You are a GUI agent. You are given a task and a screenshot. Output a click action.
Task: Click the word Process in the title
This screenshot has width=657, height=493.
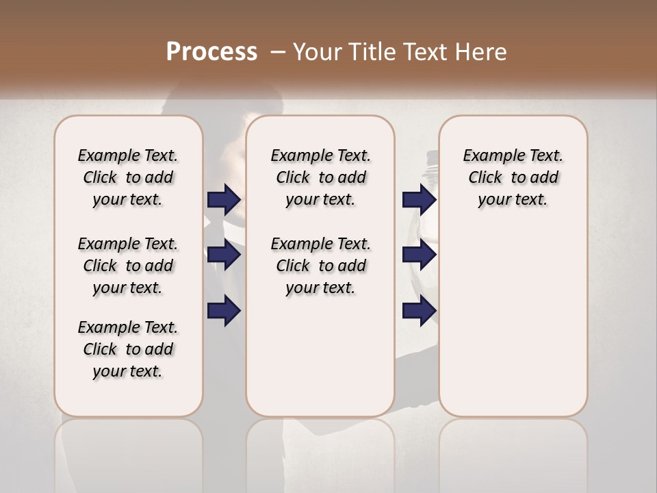(211, 52)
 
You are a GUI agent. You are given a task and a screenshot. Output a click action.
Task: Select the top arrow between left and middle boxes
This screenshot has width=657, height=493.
(224, 200)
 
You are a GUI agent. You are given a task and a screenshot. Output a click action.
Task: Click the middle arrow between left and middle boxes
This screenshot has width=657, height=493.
(224, 255)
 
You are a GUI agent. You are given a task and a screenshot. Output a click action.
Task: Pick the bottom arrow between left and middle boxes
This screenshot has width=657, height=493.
(224, 310)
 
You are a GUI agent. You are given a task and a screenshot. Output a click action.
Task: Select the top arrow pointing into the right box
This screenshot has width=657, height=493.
(419, 200)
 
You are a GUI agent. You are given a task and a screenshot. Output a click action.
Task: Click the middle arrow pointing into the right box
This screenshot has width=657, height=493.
(419, 255)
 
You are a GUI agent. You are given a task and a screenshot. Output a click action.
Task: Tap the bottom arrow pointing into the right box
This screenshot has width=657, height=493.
(419, 310)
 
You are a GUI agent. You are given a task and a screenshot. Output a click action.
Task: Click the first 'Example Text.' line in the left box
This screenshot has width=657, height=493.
(128, 155)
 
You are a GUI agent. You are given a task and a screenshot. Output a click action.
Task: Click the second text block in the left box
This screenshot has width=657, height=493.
(128, 266)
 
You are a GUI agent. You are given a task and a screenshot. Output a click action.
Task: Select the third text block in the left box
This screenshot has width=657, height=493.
(128, 349)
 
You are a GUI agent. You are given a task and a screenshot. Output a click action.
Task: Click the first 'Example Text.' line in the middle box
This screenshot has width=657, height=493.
(320, 155)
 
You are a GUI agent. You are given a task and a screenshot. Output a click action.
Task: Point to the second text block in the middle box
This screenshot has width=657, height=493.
(320, 266)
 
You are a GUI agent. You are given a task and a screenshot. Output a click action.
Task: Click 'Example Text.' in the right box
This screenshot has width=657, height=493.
(513, 155)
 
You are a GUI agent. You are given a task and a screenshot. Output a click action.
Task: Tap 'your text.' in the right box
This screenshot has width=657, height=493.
(513, 199)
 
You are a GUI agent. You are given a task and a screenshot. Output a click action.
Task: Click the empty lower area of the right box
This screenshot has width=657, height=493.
(513, 322)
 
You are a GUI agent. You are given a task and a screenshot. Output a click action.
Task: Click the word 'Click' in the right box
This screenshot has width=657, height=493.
(485, 177)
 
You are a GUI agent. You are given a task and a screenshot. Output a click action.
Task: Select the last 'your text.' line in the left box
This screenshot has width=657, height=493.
(128, 371)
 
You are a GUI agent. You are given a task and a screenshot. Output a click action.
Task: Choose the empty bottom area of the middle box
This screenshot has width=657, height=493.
(320, 363)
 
